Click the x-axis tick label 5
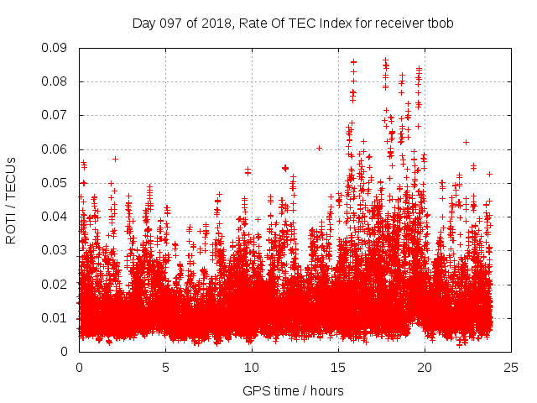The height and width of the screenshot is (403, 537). coord(165,367)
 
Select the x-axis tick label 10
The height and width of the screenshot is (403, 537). coord(252,367)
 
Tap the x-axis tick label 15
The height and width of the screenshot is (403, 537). coord(338,367)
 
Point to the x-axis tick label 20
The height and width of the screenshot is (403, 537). coord(425,367)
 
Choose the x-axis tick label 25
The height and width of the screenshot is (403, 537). coord(511,367)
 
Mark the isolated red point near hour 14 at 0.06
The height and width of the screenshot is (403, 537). coord(319,148)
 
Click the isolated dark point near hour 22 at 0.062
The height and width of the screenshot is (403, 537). coord(466,142)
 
